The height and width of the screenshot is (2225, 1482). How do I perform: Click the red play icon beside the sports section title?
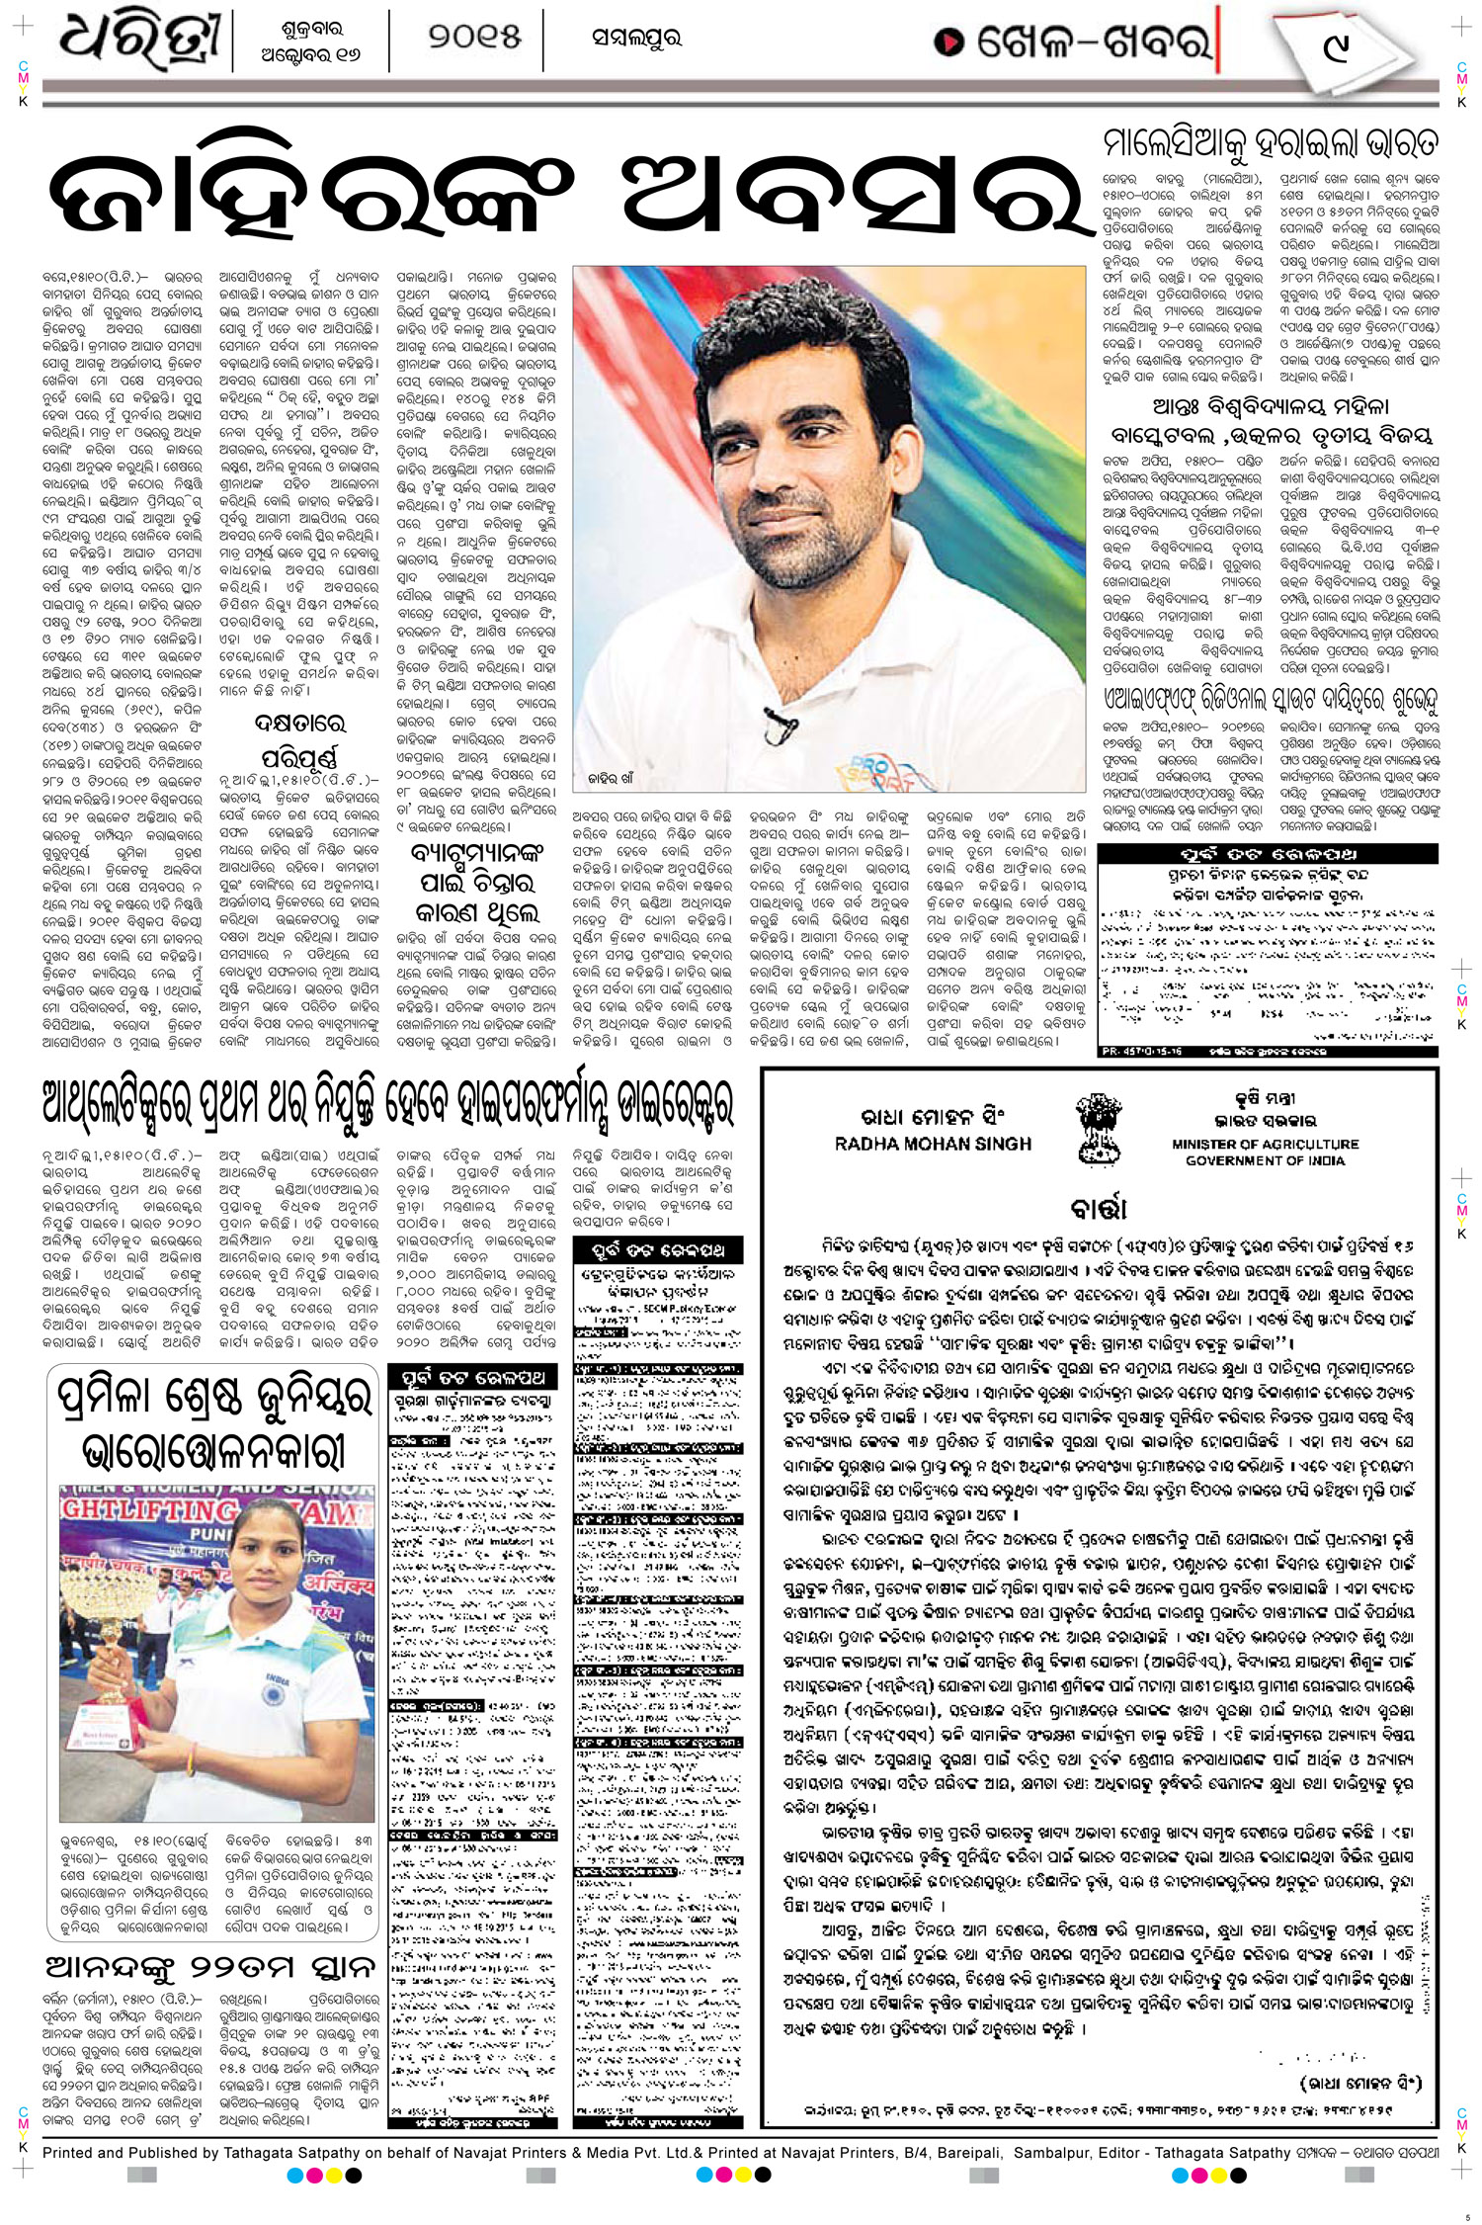(949, 42)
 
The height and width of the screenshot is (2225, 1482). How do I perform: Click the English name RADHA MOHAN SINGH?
(933, 1144)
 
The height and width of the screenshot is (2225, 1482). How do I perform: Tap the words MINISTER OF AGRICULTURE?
(1265, 1144)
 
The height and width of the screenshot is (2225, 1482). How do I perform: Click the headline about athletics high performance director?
(387, 1104)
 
